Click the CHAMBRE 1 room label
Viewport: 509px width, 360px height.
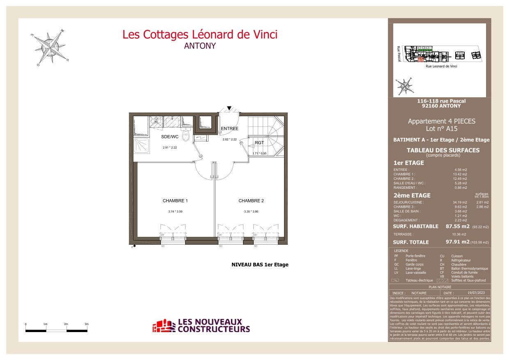pyautogui.click(x=175, y=201)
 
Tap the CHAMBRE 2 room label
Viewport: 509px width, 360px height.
pyautogui.click(x=251, y=201)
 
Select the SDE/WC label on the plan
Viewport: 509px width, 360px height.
pyautogui.click(x=169, y=137)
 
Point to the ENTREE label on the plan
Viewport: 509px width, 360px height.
pyautogui.click(x=229, y=128)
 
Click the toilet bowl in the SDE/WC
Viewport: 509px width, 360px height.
pyautogui.click(x=186, y=136)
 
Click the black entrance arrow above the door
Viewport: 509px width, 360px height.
pyautogui.click(x=229, y=108)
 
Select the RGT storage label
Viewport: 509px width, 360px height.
pyautogui.click(x=259, y=143)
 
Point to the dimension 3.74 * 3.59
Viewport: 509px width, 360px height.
pyautogui.click(x=175, y=211)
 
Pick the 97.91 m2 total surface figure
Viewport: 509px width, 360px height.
pyautogui.click(x=457, y=242)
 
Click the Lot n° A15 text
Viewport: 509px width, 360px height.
pyautogui.click(x=441, y=128)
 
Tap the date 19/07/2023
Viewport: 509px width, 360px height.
pyautogui.click(x=473, y=293)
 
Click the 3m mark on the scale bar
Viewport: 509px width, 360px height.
pyautogui.click(x=87, y=324)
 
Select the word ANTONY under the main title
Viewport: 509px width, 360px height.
pyautogui.click(x=200, y=46)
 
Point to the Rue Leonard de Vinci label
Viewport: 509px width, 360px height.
pyautogui.click(x=441, y=66)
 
